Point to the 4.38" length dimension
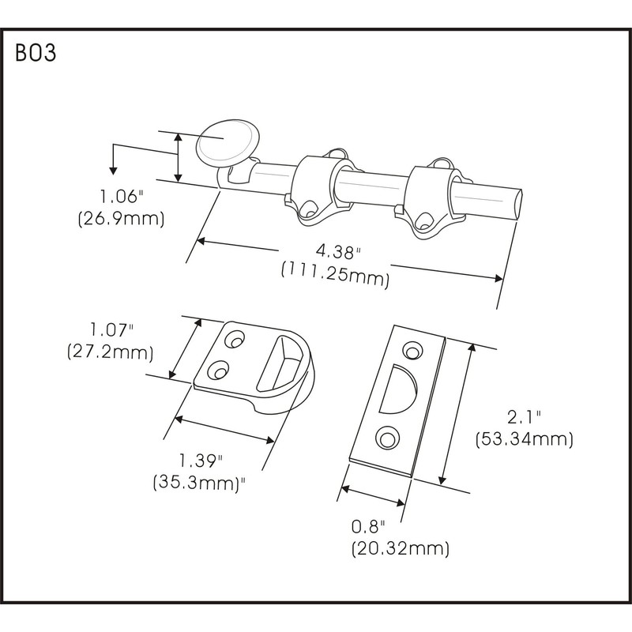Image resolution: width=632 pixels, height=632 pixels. coord(336,251)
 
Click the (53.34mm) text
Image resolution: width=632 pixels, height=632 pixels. coord(524,439)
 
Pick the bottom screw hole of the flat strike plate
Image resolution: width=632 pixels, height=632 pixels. coord(386,435)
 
